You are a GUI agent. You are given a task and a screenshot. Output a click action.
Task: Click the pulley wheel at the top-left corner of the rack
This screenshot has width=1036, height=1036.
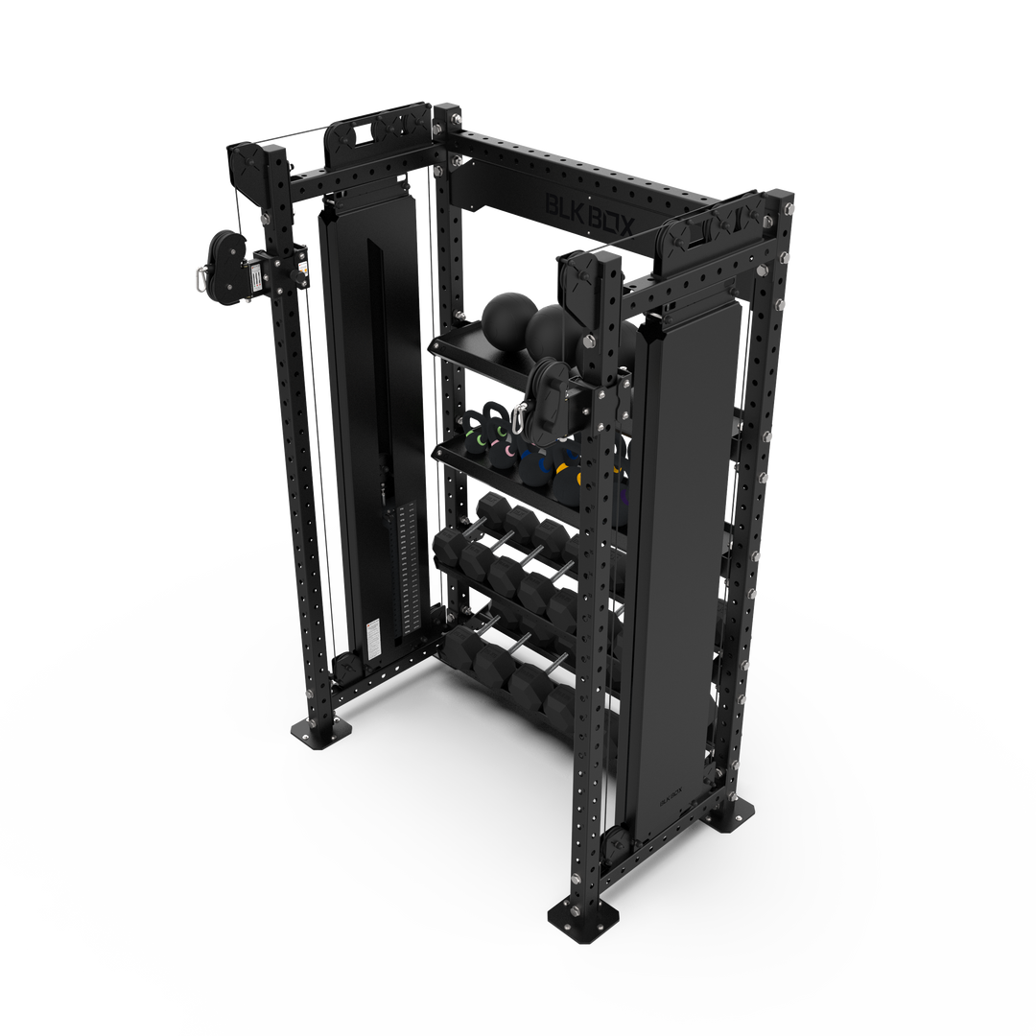[244, 162]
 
